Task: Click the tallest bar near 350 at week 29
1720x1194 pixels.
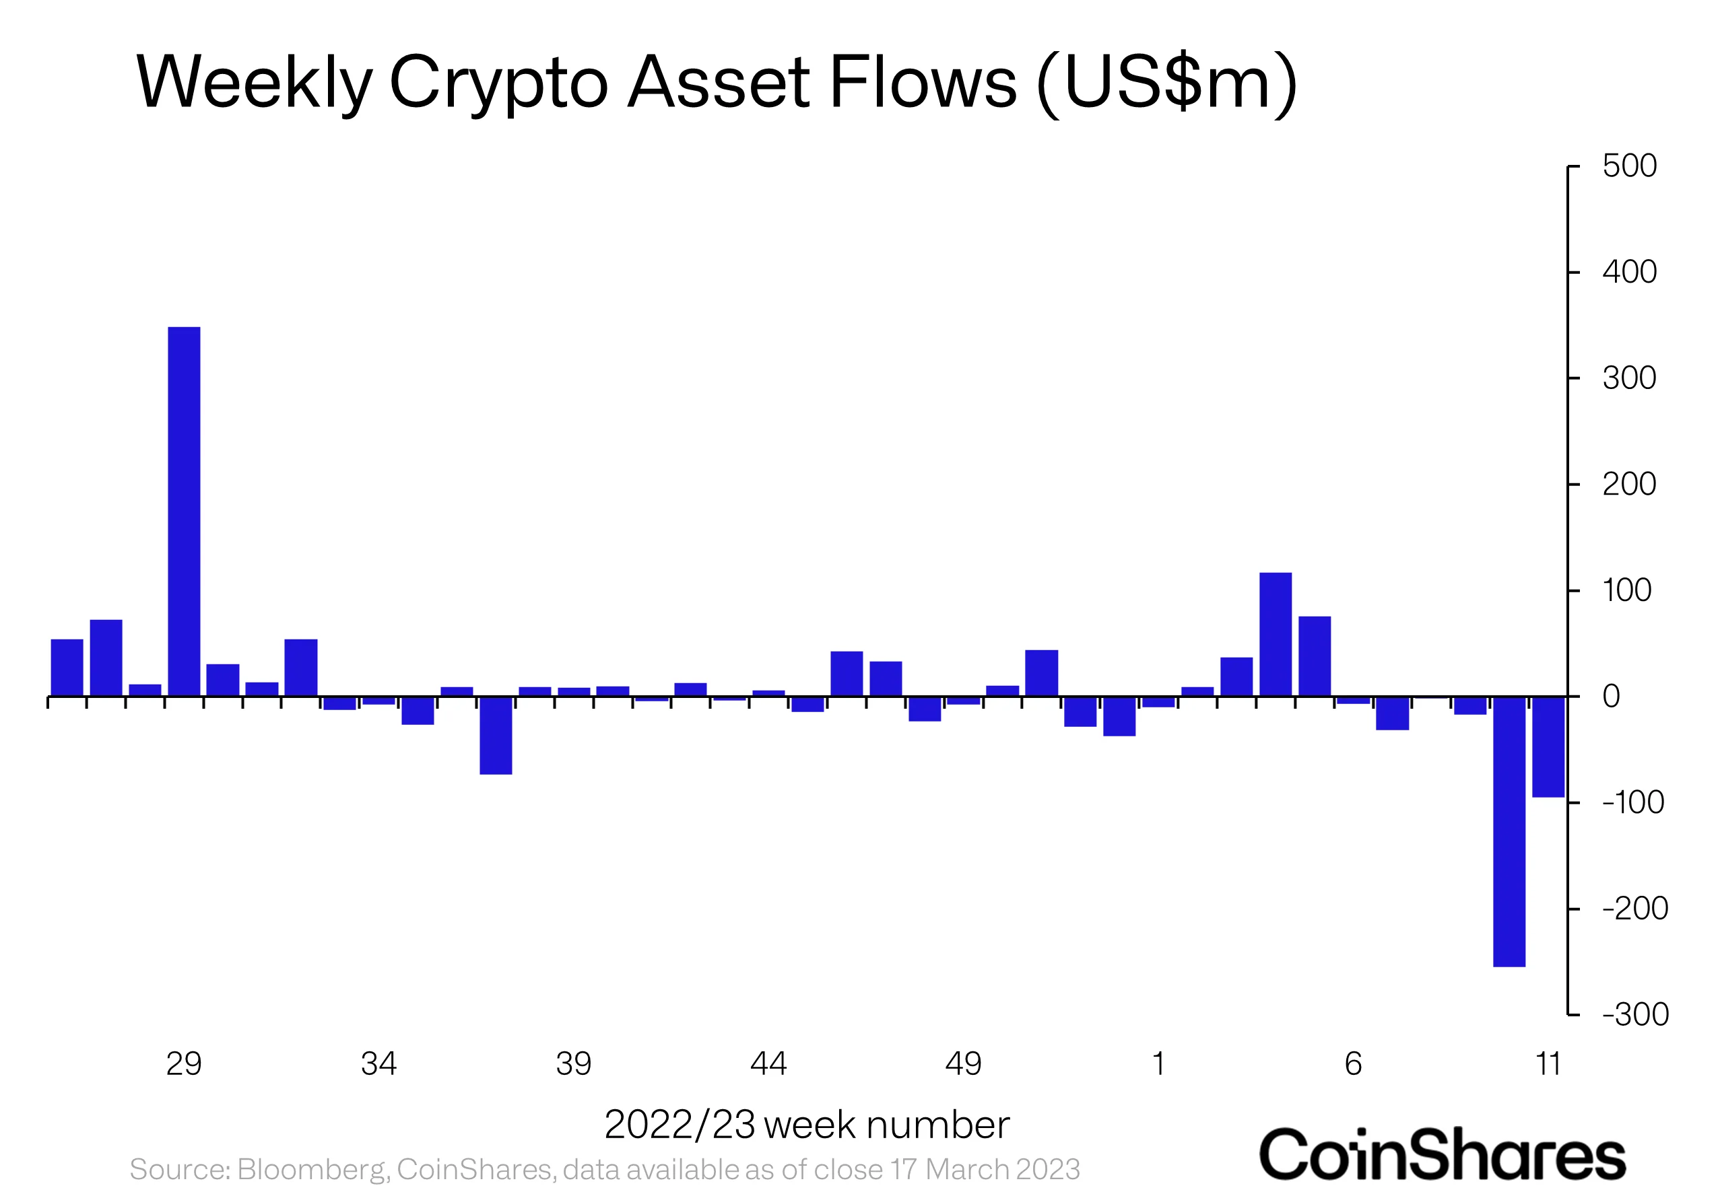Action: tap(183, 511)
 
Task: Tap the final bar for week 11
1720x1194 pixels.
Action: tap(1548, 746)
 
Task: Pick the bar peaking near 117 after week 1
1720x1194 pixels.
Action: tap(1275, 635)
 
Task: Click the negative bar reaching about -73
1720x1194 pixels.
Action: tap(496, 736)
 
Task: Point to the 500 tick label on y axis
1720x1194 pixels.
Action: tap(1628, 166)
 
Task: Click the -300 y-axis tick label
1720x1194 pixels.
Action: tap(1634, 1014)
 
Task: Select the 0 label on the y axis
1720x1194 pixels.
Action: tap(1611, 697)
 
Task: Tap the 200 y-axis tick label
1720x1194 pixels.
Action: tap(1628, 485)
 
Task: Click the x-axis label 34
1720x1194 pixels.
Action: tap(378, 1063)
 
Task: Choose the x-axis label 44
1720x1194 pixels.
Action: tap(768, 1063)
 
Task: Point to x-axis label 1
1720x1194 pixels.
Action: tap(1158, 1063)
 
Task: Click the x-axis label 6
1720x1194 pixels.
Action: tap(1352, 1063)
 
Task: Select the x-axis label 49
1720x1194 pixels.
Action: tap(962, 1063)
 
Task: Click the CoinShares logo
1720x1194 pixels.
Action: tap(1442, 1154)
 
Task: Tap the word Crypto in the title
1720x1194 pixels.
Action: tap(498, 82)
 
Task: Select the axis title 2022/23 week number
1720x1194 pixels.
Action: tap(806, 1125)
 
